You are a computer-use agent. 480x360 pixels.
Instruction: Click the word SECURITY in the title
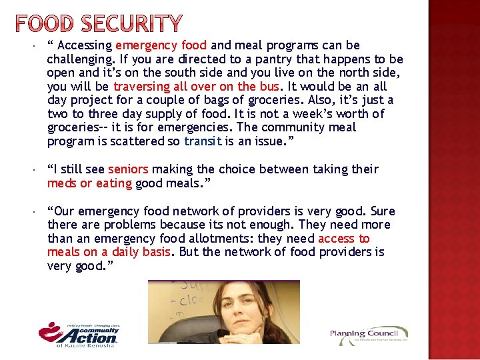pos(131,24)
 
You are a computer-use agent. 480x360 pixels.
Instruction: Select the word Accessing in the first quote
pos(85,45)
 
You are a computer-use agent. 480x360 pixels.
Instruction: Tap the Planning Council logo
pos(369,335)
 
